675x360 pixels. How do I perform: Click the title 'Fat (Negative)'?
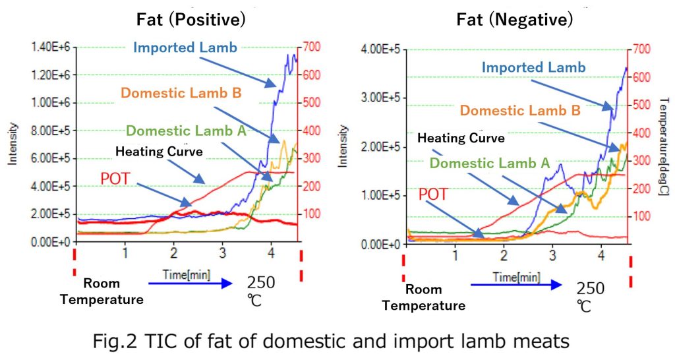[x=515, y=20]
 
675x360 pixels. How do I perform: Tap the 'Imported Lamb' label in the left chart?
[x=185, y=47]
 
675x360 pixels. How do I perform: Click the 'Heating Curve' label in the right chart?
[x=461, y=138]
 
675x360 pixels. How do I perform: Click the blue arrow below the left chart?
[x=191, y=284]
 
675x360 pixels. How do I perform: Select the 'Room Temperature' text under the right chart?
[x=423, y=297]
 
